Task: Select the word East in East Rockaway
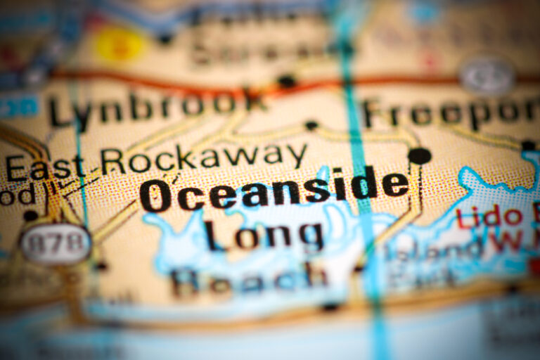45,167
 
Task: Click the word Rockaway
203,158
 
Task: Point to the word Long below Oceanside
264,236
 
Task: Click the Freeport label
450,112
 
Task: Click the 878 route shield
56,244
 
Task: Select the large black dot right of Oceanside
419,156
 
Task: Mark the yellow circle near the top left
120,44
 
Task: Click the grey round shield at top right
487,75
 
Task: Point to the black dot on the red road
286,81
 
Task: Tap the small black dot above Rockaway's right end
311,126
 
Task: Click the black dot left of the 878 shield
30,216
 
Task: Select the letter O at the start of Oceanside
155,196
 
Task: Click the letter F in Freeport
375,113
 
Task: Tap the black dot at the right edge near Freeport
528,146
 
